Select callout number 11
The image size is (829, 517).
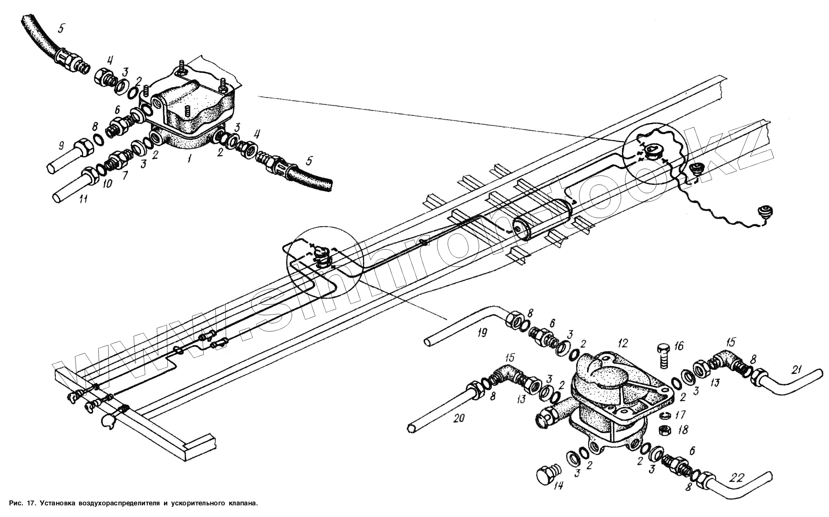(x=83, y=199)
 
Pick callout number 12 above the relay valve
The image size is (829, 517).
(x=623, y=343)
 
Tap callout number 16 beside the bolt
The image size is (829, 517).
(x=679, y=346)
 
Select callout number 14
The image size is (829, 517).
(x=558, y=486)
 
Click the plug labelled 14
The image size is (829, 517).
(x=546, y=474)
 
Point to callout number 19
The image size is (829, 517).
(x=482, y=333)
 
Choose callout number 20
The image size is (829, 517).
(x=459, y=418)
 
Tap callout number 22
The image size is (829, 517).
(x=736, y=478)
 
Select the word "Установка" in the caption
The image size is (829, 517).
(x=58, y=503)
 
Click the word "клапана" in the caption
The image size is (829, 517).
(x=241, y=503)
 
